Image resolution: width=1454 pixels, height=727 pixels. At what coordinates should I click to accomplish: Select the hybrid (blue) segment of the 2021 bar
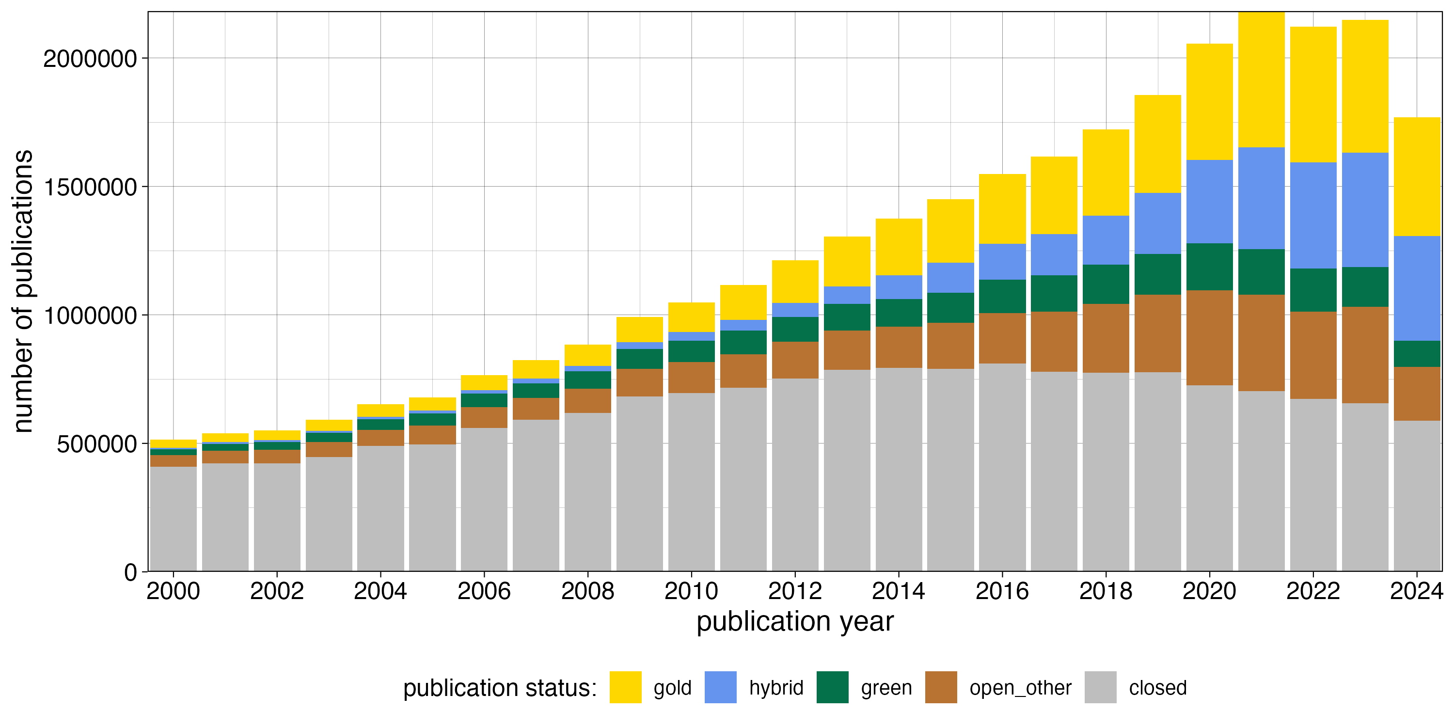pos(1261,198)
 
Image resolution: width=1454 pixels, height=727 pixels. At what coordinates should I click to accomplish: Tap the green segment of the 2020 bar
pos(1209,267)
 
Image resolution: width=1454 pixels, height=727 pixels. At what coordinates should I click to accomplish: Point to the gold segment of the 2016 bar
pos(1002,209)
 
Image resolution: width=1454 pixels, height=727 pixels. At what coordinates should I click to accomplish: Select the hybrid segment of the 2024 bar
pos(1417,288)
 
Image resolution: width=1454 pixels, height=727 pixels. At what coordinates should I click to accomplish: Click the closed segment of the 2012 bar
pos(795,474)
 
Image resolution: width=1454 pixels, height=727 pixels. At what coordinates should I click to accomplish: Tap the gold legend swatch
pos(625,687)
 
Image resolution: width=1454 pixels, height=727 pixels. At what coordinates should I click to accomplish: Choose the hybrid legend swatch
pos(720,687)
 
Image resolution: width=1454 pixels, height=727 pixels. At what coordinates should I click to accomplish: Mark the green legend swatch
pos(832,687)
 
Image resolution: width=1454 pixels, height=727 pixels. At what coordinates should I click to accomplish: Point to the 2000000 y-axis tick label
pos(90,59)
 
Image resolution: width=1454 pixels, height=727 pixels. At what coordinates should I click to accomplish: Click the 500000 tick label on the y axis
pos(96,444)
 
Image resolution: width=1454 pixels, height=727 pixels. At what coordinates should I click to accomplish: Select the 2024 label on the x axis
pos(1416,591)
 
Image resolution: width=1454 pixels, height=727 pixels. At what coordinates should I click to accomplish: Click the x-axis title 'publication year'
pos(795,621)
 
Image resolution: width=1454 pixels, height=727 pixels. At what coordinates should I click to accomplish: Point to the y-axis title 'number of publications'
pos(24,291)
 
